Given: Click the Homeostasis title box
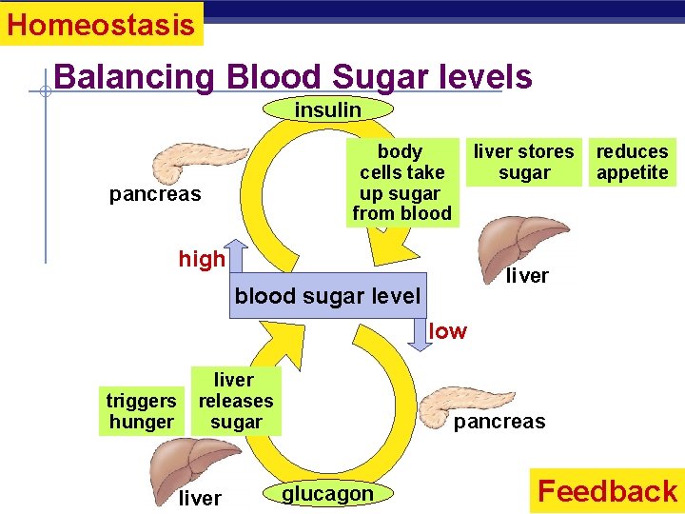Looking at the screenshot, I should pos(101,24).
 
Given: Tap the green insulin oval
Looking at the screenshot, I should pos(327,110).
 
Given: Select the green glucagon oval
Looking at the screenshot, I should pos(327,493).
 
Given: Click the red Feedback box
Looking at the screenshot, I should pos(606,490).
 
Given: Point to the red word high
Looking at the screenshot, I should pos(202,259).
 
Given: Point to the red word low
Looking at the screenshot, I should pos(448,331).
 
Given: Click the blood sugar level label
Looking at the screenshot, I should pos(327,296).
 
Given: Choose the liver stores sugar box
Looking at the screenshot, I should pos(524,162).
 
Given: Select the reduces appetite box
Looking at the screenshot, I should pos(632,162).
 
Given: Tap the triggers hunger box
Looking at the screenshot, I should pos(141,412).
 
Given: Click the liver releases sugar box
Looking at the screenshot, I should pos(235,402).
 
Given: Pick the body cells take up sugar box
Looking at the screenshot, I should pos(401,183).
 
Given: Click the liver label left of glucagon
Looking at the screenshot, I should pos(200,498).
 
